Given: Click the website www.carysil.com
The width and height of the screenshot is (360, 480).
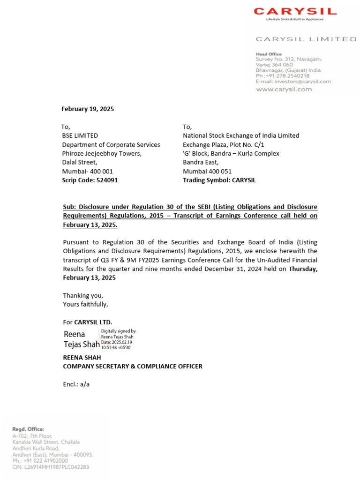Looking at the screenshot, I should pyautogui.click(x=284, y=89).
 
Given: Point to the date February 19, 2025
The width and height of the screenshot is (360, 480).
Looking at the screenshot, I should pyautogui.click(x=88, y=109).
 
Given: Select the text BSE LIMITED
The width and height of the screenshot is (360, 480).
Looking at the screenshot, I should pyautogui.click(x=80, y=135).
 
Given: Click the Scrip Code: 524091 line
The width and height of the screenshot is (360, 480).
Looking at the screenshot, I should pyautogui.click(x=90, y=180).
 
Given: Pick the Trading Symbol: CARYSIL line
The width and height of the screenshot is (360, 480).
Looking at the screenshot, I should pyautogui.click(x=219, y=180).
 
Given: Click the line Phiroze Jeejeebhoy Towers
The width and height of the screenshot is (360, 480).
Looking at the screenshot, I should pyautogui.click(x=102, y=153).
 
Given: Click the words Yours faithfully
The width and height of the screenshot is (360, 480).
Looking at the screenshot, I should pyautogui.click(x=85, y=304).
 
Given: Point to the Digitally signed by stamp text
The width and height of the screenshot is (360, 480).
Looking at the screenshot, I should pyautogui.click(x=119, y=331).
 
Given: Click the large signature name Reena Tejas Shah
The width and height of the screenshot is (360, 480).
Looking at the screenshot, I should pyautogui.click(x=81, y=339).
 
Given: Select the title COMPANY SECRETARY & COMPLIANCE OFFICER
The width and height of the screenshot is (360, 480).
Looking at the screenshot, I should pyautogui.click(x=133, y=366).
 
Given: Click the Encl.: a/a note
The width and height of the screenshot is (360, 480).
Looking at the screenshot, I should pyautogui.click(x=76, y=384).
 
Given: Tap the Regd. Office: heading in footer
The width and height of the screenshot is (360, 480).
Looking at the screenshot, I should pyautogui.click(x=28, y=429).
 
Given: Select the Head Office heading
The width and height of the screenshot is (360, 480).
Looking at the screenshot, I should pyautogui.click(x=269, y=54).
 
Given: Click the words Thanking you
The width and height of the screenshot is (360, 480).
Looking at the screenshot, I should pyautogui.click(x=83, y=295).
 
